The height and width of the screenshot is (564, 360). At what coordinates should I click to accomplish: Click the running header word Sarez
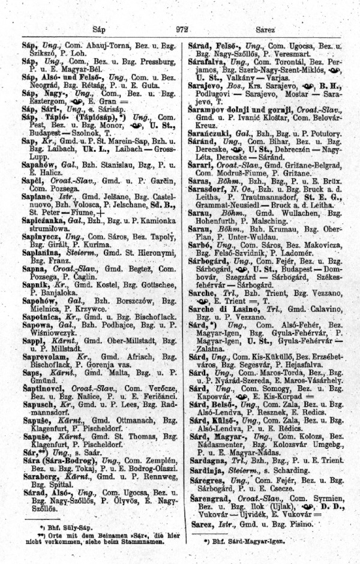click(x=265, y=28)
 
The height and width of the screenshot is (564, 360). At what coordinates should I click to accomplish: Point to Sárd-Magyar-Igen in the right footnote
click(x=239, y=541)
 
